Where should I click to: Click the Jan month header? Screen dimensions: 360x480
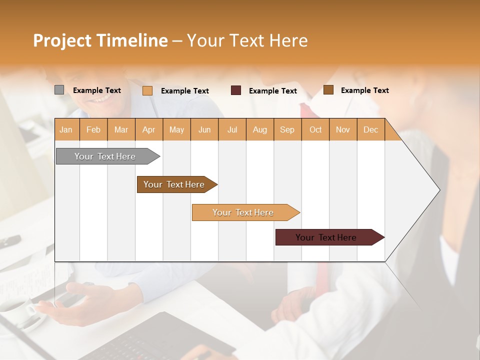point(66,129)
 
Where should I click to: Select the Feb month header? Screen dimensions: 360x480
point(93,129)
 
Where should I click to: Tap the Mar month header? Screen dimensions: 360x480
point(121,129)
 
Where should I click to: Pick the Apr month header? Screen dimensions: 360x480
point(149,129)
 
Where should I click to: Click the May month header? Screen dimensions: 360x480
point(176,129)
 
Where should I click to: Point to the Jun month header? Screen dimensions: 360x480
point(204,129)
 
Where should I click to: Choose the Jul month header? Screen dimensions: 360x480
point(232,129)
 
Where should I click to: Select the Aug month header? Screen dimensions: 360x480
point(260,129)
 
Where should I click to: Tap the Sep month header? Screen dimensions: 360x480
point(287,129)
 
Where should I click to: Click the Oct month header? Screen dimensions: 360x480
point(315,129)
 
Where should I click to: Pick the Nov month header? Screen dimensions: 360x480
point(343,129)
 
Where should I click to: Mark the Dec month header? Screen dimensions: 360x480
point(370,129)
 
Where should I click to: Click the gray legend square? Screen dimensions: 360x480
point(59,90)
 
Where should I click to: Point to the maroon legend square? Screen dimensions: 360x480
point(236,90)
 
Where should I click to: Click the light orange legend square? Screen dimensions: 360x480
point(147,90)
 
